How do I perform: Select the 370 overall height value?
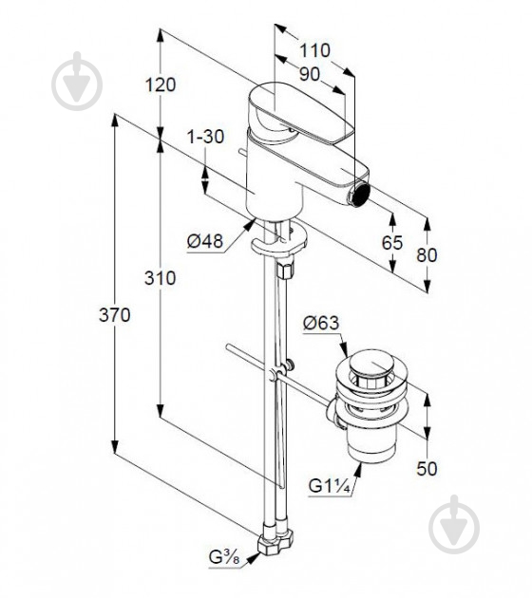pos(114,315)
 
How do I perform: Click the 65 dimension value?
pos(392,243)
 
